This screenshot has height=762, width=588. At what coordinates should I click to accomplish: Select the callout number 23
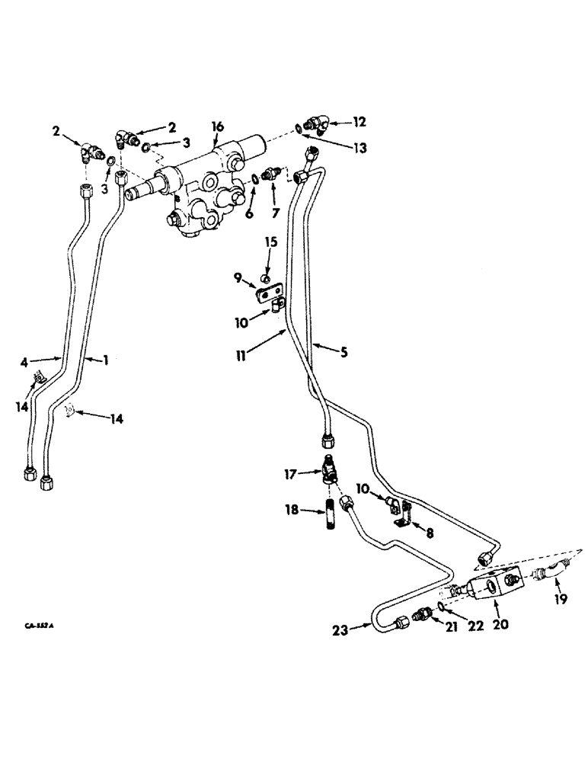(340, 629)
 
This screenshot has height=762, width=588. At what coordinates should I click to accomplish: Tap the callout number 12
(359, 121)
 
